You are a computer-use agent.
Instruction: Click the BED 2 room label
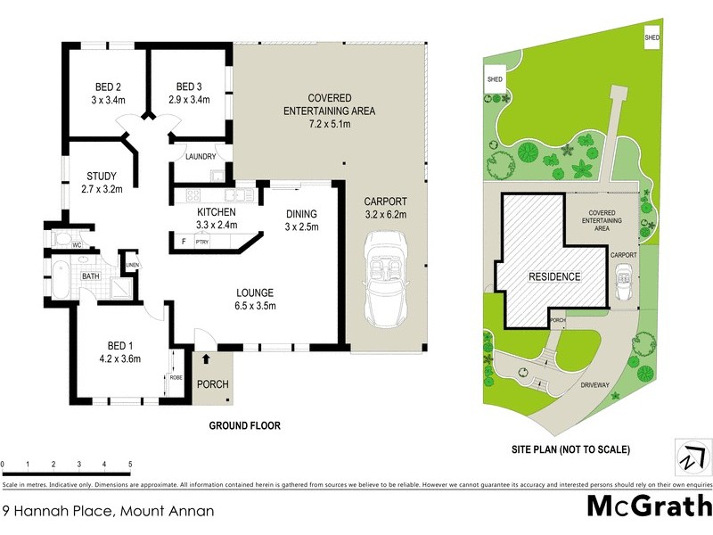coord(108,86)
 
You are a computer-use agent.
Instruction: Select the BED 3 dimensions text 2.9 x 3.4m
coord(189,100)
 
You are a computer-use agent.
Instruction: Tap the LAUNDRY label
coord(201,157)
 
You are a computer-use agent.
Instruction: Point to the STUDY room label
coord(102,176)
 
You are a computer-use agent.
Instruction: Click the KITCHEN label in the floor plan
coord(216,212)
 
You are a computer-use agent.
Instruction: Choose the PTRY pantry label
coord(203,241)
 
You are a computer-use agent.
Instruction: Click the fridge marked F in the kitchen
coord(183,241)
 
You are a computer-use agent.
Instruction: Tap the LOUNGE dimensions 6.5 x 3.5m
coord(254,306)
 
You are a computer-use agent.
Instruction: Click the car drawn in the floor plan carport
coord(385,281)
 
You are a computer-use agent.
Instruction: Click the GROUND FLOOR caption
coord(244,426)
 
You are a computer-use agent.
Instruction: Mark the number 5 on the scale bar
coord(130,465)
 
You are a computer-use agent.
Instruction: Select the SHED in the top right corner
coord(653,37)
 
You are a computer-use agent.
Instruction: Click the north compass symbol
coord(692,458)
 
